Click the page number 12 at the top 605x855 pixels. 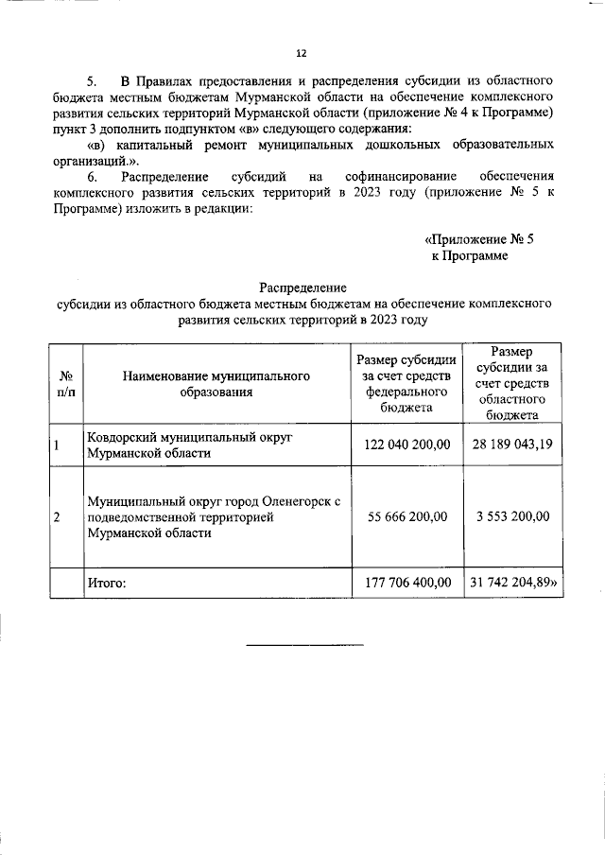pos(302,53)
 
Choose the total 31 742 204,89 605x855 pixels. pos(512,584)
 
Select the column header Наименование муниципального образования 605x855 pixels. pos(216,383)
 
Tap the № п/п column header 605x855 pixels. pos(66,383)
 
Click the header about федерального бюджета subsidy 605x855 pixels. pos(406,383)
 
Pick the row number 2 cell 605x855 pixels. pos(58,517)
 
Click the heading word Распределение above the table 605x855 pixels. pos(302,288)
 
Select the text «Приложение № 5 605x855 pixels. pos(479,238)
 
